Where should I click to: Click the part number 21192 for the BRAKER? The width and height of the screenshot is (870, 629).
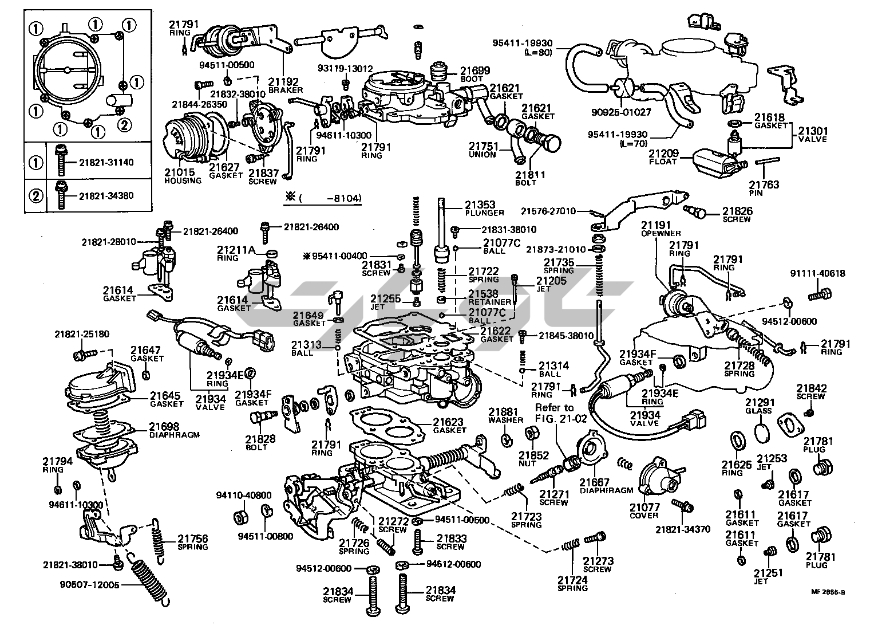tap(281, 82)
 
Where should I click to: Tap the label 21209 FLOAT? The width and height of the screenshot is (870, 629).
tap(663, 157)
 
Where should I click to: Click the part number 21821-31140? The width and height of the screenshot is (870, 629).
tap(105, 162)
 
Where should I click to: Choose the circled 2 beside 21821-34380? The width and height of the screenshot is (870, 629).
tap(36, 195)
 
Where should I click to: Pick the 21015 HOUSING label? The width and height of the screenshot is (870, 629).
tap(183, 176)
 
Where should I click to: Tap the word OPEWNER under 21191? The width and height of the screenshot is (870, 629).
tap(661, 233)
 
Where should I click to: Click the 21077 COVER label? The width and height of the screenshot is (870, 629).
tap(645, 510)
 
